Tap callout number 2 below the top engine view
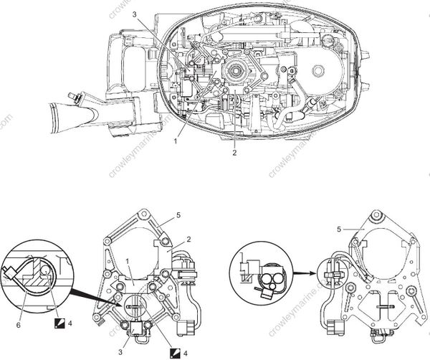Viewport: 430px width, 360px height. [235, 152]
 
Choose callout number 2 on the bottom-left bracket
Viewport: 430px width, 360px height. [188, 238]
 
